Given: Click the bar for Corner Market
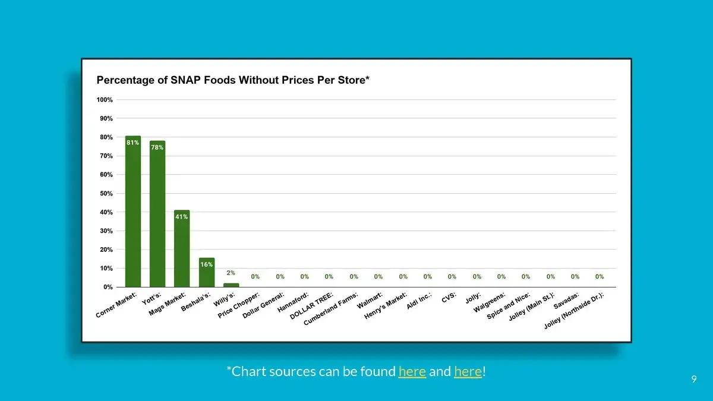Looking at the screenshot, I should click(132, 214).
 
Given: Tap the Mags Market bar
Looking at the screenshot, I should click(182, 250).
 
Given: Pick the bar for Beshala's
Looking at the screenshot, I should click(206, 273).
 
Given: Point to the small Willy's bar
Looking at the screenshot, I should click(231, 285).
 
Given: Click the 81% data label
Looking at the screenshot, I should click(132, 143).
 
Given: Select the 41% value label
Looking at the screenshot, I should click(182, 217).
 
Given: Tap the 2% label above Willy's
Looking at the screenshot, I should click(231, 273).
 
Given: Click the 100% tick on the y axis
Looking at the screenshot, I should click(105, 100).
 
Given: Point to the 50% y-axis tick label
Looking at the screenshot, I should click(106, 194).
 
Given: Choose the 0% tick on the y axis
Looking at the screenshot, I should click(108, 288).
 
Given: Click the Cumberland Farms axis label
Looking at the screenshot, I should click(331, 309).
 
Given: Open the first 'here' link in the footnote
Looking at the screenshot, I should click(412, 372).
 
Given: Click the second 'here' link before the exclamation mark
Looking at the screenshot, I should click(468, 372).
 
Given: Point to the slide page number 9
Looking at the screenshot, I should click(693, 379).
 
